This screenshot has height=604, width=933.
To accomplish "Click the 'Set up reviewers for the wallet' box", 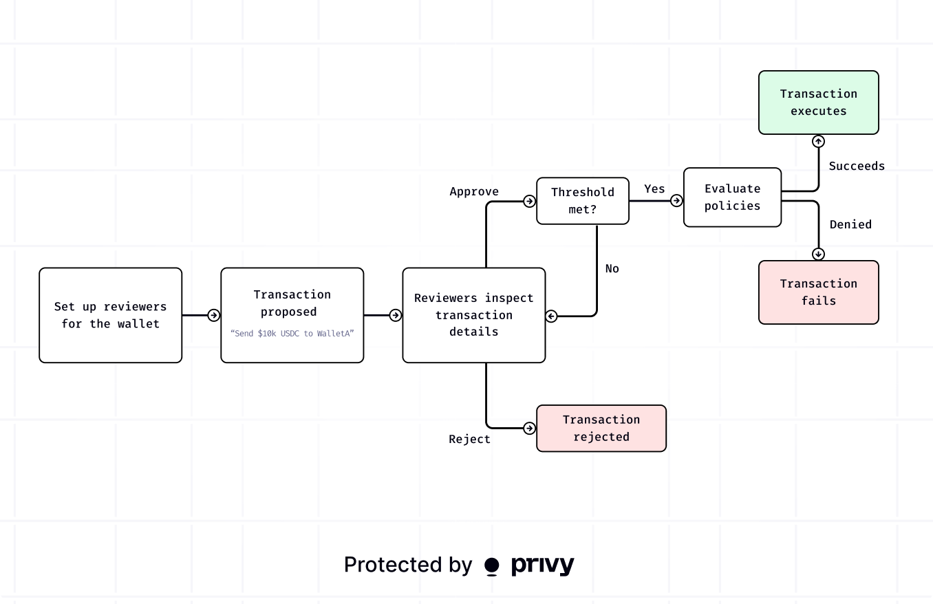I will [x=110, y=315].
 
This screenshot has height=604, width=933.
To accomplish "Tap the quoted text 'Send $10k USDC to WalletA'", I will [x=292, y=333].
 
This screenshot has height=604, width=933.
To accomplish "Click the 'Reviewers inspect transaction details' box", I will [x=473, y=315].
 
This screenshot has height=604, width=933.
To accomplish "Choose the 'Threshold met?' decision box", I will [x=582, y=201].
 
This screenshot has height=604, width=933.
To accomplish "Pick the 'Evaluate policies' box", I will [x=732, y=197].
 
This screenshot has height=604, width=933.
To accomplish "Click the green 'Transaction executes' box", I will [x=818, y=103].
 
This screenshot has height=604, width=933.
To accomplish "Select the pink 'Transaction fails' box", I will [x=818, y=292].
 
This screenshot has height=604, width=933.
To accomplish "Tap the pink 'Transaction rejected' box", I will [x=601, y=428].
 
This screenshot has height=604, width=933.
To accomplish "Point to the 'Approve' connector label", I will [x=474, y=192].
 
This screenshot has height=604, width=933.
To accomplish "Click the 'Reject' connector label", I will [x=469, y=440].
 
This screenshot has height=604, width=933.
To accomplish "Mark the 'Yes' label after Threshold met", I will [x=654, y=188].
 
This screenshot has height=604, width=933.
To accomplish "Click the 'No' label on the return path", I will [x=612, y=269].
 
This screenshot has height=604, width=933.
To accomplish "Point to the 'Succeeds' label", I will [x=857, y=166].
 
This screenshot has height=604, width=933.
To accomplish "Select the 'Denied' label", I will [x=850, y=225].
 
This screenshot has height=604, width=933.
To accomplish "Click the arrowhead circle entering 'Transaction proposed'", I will [x=214, y=315].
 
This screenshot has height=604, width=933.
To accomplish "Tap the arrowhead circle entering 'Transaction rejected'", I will [x=529, y=428].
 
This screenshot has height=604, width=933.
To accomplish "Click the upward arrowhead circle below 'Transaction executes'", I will [x=818, y=141].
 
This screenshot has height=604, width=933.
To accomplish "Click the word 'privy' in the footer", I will [x=542, y=565].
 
